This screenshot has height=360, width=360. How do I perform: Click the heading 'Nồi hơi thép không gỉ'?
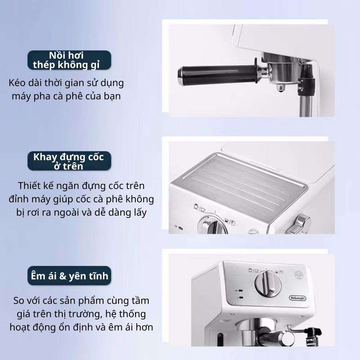point(66,60)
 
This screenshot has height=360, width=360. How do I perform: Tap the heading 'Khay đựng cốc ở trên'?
point(69,161)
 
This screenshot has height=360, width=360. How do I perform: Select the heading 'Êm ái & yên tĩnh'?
point(69,276)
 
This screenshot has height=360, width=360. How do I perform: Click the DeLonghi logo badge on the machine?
point(297,298)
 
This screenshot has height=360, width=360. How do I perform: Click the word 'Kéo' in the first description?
point(17,83)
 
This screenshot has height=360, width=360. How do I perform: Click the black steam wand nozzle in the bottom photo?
point(313,337)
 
